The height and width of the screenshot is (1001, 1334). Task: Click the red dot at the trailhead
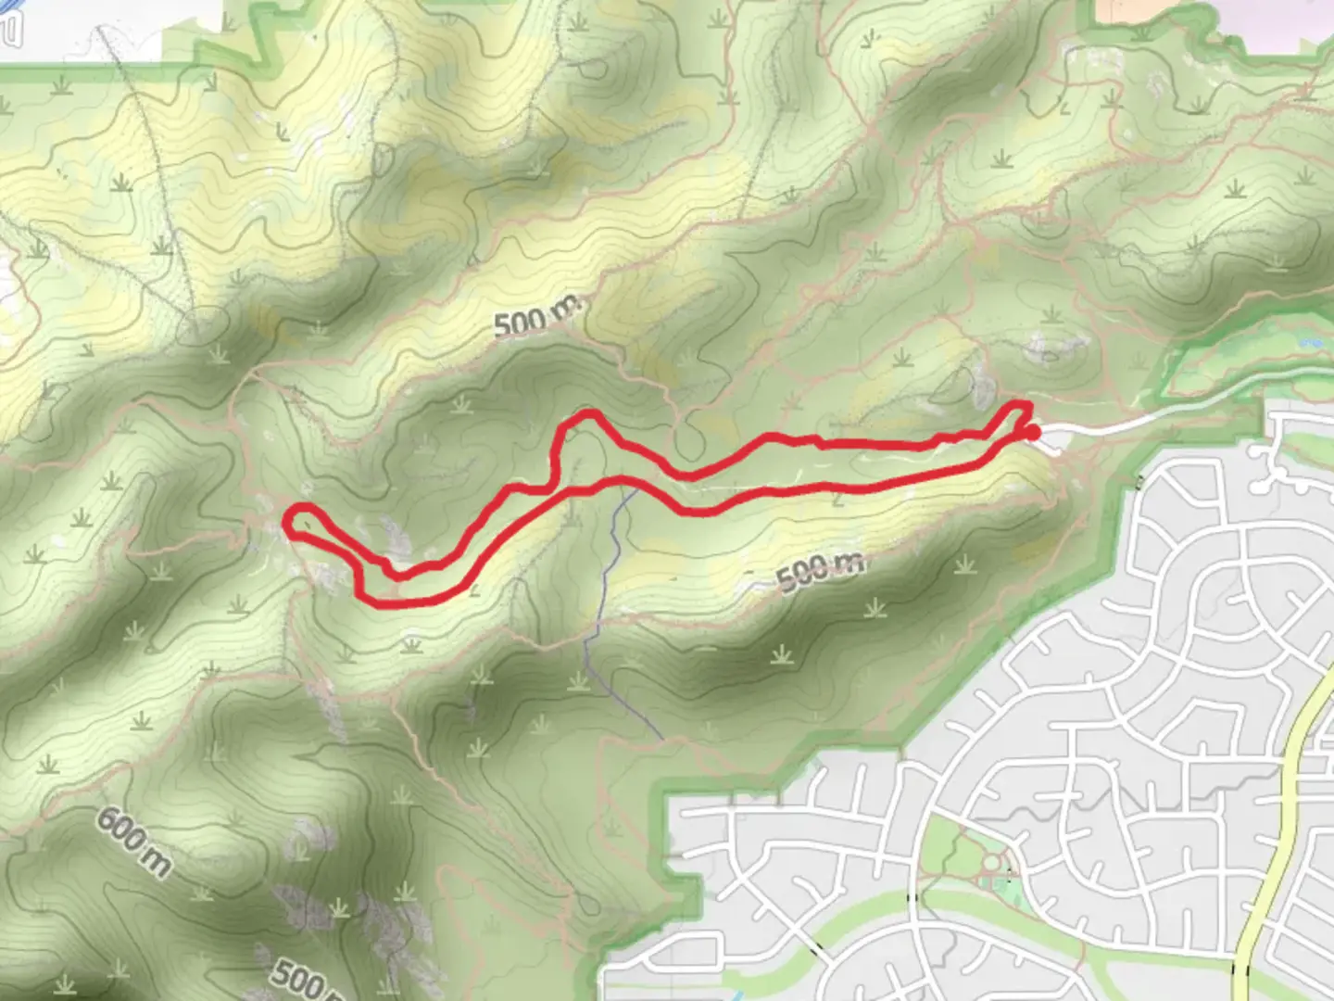click(x=1032, y=432)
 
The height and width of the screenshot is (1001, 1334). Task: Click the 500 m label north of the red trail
click(x=536, y=317)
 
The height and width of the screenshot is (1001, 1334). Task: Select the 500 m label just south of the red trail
click(x=820, y=569)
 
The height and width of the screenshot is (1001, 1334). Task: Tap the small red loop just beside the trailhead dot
click(x=1016, y=414)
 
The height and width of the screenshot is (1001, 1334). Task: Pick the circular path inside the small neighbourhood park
click(x=991, y=865)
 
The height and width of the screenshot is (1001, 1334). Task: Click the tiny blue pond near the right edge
click(x=1311, y=343)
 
